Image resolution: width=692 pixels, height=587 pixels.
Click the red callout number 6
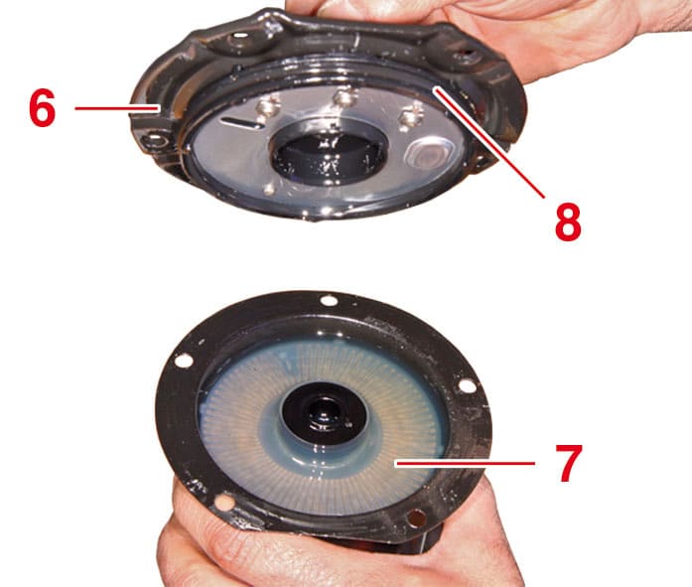pos(43,107)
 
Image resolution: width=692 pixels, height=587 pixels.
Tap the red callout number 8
pos(568,221)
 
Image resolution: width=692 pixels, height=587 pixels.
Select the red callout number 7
pos(569,463)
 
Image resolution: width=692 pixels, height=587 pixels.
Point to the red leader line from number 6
pos(116,108)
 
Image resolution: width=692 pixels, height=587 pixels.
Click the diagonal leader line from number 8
pos(488,142)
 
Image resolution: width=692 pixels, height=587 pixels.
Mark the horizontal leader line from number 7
pos(466,464)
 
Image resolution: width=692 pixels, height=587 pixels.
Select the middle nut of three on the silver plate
pos(345,97)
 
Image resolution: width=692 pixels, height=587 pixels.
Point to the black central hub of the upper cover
pos(328,158)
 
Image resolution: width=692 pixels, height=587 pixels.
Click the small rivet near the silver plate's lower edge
pos(269,190)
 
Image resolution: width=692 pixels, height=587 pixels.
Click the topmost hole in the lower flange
pos(329,301)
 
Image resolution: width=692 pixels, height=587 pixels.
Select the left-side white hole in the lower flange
pos(184,360)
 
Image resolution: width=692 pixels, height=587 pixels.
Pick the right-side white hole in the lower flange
pos(467,385)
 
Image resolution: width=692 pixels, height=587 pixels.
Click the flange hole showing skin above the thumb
pos(224,503)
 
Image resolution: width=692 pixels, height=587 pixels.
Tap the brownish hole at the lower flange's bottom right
pos(417,517)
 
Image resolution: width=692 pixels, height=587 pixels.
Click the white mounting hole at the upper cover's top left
pos(241,35)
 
